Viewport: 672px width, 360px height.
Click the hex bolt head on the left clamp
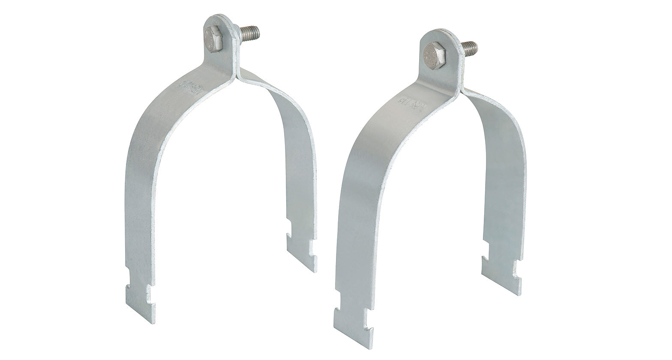(x=213, y=39)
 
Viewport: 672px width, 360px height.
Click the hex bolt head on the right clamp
(x=434, y=55)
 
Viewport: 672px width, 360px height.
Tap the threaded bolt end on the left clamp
(x=249, y=33)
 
